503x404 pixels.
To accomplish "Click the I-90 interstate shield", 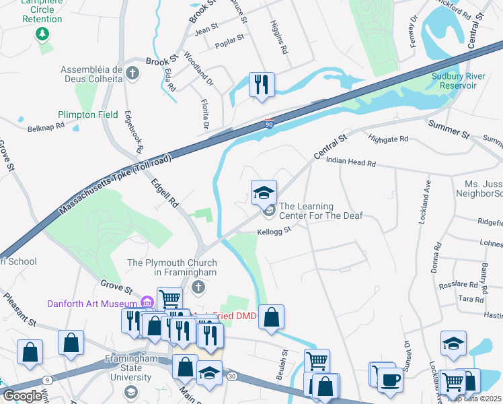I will [269, 125].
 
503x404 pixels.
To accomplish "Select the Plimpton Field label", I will [88, 114].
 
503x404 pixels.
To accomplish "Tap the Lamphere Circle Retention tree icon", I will [42, 33].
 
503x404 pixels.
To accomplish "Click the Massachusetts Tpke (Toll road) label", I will [116, 185].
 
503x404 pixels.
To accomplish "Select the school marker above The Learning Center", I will [264, 192].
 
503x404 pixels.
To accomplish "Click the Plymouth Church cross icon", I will [198, 288].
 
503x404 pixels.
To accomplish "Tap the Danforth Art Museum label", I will [91, 304].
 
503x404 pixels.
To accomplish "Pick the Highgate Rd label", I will [388, 139].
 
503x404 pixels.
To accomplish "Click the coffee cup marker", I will [389, 380].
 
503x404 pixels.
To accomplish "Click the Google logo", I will [23, 395].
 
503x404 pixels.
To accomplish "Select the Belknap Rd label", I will [46, 126].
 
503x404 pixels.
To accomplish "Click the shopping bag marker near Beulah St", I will [270, 318].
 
